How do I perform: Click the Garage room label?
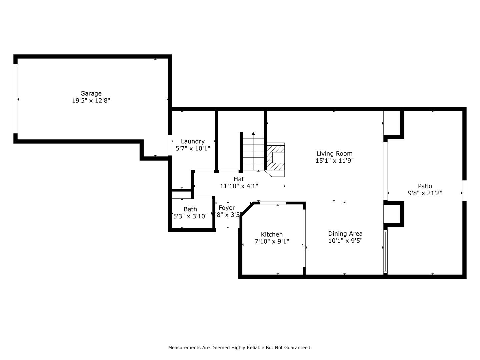(91, 93)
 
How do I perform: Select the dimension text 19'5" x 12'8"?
(91, 100)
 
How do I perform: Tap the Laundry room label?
(193, 141)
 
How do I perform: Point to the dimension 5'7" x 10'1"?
(193, 148)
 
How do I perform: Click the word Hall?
(239, 179)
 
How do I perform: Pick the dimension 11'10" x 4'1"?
(239, 186)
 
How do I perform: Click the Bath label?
(190, 209)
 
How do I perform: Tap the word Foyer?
(227, 208)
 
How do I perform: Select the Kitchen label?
(272, 234)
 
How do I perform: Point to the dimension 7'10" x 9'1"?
(272, 241)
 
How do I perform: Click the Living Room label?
(334, 154)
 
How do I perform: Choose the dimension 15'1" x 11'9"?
(334, 161)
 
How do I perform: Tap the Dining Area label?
(345, 234)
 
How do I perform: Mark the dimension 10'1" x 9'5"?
(345, 241)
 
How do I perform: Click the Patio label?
(425, 186)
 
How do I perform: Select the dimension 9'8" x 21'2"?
(425, 193)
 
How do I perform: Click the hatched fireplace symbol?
(275, 157)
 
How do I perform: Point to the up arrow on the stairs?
(253, 134)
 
